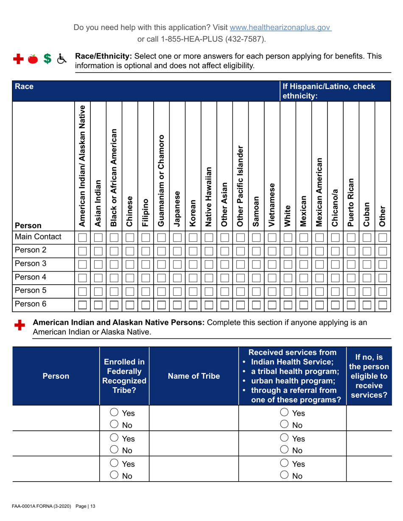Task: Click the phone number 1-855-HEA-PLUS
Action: [x=202, y=39]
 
